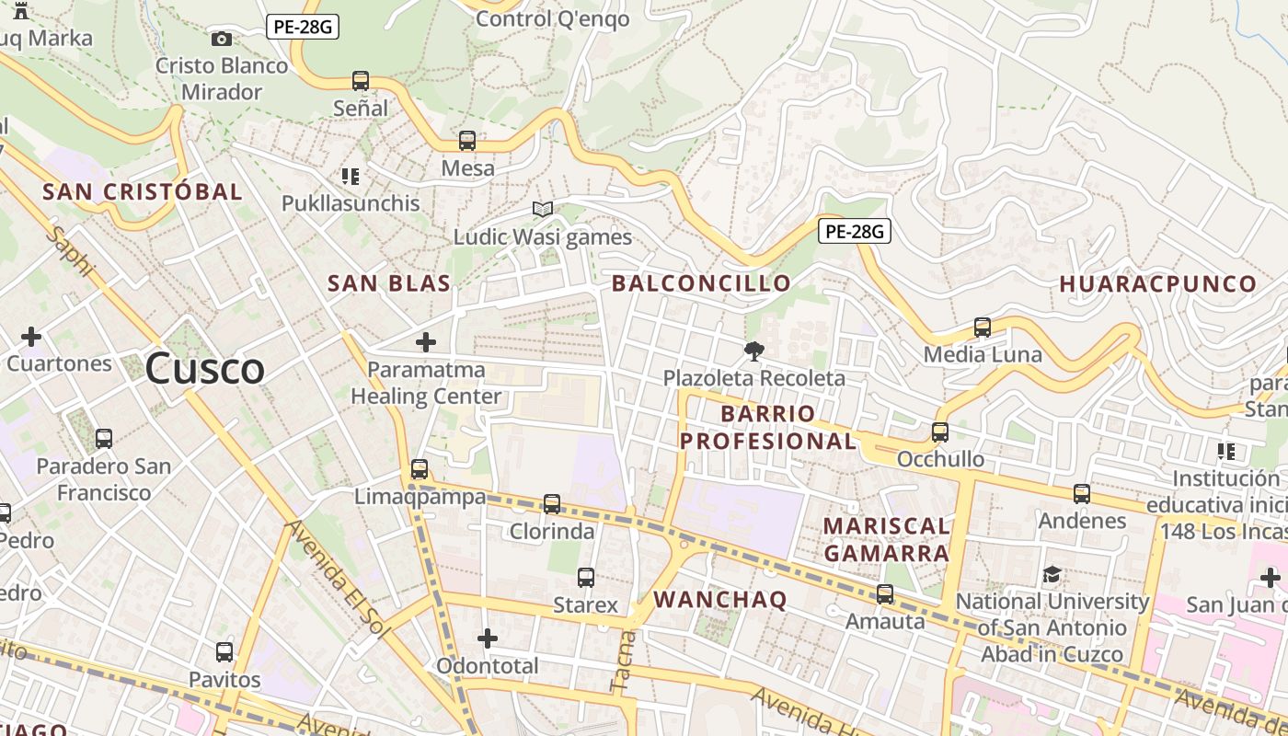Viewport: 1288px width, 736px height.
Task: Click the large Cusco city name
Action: (x=205, y=369)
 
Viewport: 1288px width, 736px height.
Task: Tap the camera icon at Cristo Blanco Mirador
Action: (x=221, y=39)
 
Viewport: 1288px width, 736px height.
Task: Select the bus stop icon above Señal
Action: (x=361, y=81)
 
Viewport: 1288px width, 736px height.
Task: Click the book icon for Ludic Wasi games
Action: (x=543, y=210)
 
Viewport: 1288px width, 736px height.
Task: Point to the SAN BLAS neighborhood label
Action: (x=389, y=283)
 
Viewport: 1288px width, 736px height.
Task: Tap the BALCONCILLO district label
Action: (x=701, y=283)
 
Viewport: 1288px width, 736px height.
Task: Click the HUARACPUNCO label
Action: (x=1157, y=283)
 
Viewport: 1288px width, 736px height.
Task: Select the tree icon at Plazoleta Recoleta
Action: (x=753, y=351)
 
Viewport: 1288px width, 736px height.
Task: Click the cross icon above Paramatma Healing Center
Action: (x=426, y=342)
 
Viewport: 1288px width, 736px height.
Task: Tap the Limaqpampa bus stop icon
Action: (x=420, y=469)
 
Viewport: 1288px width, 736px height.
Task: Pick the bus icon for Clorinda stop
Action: (x=552, y=504)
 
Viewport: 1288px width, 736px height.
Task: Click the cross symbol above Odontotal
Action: (x=488, y=638)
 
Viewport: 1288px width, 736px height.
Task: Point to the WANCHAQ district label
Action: (x=720, y=600)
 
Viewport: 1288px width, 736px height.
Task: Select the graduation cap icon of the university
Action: (x=1052, y=575)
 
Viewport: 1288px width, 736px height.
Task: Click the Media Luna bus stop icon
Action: (x=983, y=328)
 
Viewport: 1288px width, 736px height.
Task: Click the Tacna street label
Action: (x=623, y=661)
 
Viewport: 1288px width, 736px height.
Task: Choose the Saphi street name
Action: (x=71, y=251)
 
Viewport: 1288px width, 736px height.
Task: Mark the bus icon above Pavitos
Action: (x=224, y=652)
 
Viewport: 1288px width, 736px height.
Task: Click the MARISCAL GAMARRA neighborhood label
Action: (x=886, y=539)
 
